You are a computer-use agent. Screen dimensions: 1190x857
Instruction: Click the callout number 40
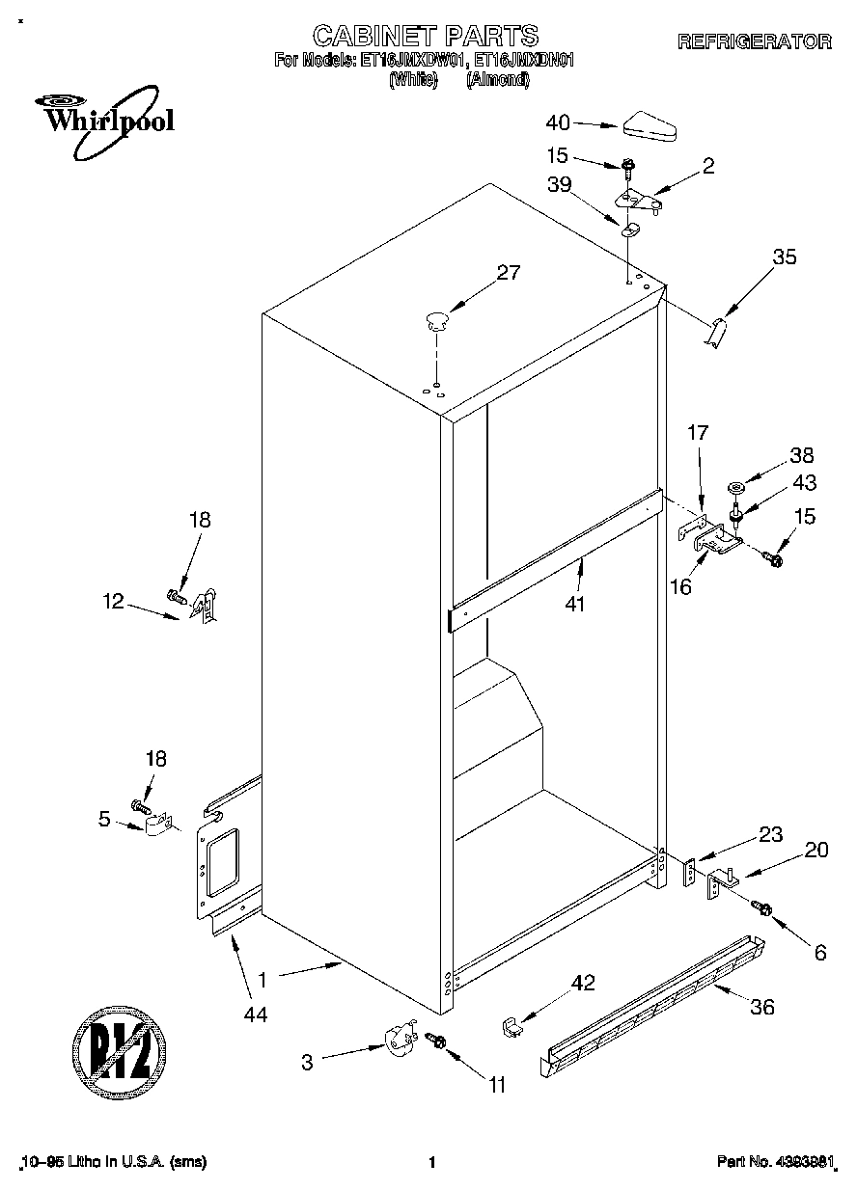(559, 122)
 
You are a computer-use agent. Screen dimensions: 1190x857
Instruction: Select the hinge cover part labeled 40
(652, 123)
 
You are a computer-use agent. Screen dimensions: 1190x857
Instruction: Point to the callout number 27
(508, 273)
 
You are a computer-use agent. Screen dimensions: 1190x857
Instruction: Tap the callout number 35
(785, 257)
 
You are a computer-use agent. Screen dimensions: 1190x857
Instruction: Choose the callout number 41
(577, 605)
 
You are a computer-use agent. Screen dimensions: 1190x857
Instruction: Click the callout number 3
(307, 1062)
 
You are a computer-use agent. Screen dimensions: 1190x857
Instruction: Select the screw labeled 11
(437, 1041)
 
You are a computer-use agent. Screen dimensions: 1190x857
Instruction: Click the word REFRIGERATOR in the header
(754, 41)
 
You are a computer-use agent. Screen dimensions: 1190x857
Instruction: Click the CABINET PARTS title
(425, 37)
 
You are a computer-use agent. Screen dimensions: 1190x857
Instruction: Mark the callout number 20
(816, 850)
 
